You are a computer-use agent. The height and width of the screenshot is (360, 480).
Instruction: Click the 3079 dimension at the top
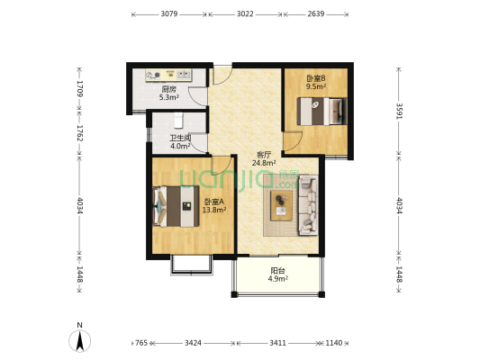[x=169, y=14]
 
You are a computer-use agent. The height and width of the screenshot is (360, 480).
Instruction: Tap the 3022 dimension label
[x=245, y=14]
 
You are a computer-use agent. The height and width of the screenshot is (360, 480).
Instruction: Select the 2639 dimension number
[x=316, y=14]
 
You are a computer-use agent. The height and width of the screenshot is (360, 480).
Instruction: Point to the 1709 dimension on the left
[x=80, y=89]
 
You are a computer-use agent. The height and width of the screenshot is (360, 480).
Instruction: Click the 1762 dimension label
[x=80, y=133]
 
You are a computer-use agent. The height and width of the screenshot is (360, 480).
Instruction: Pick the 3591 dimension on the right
[x=400, y=111]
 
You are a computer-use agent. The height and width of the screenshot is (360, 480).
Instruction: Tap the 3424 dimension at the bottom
[x=193, y=343]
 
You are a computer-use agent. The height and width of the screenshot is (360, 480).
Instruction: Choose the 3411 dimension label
[x=278, y=343]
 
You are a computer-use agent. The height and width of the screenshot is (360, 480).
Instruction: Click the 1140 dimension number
[x=334, y=343]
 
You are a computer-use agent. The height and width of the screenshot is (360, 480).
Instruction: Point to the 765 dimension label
[x=141, y=343]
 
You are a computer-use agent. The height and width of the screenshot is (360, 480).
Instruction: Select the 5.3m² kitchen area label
[x=169, y=97]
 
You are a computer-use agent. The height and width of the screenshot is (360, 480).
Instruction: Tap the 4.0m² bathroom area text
[x=181, y=146]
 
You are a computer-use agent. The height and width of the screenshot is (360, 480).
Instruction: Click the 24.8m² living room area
[x=264, y=163]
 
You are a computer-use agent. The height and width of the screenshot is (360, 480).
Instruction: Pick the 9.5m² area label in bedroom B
[x=316, y=86]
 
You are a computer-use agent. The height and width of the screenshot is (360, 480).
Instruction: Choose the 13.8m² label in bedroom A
[x=214, y=210]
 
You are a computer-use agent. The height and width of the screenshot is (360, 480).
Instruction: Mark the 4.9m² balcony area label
[x=278, y=279]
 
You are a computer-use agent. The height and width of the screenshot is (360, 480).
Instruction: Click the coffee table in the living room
[x=281, y=205]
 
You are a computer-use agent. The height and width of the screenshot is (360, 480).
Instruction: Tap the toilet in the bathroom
[x=178, y=121]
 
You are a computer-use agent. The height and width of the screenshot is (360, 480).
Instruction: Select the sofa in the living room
[x=308, y=205]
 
